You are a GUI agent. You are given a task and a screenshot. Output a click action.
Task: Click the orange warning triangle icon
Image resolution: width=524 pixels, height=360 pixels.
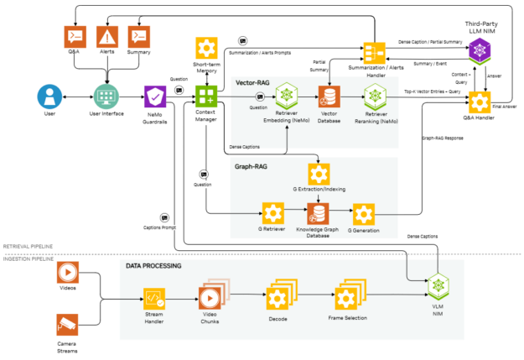(x=106, y=36)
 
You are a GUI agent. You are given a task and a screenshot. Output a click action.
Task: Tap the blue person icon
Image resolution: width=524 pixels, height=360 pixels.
(x=49, y=97)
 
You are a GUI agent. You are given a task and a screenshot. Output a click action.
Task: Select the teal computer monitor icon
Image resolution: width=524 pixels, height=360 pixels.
(x=106, y=97)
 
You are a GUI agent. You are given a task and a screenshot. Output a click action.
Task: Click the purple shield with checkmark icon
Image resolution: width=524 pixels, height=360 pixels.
(x=155, y=97)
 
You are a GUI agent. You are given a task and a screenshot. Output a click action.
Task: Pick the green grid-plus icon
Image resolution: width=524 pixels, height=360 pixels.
(x=206, y=96)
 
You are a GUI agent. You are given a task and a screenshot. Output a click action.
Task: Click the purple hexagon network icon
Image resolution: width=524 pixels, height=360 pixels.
(x=479, y=50)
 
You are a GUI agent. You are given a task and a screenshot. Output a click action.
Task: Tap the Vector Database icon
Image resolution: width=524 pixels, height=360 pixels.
(x=329, y=97)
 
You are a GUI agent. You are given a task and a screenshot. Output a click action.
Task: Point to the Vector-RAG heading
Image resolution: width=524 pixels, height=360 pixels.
(x=252, y=82)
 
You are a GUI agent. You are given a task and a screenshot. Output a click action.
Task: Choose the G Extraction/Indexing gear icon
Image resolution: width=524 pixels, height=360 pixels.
(x=318, y=174)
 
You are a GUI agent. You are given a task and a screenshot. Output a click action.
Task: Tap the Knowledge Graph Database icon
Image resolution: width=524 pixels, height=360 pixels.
(x=318, y=213)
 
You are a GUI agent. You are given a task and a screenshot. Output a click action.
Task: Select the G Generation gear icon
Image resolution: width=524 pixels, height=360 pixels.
(x=363, y=214)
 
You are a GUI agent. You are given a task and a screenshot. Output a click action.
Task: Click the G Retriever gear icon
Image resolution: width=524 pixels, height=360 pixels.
(x=272, y=213)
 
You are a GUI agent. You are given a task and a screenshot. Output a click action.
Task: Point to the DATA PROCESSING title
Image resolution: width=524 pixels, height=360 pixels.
(x=153, y=266)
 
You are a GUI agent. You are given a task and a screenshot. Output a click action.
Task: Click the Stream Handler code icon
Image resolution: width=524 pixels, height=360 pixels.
(x=154, y=298)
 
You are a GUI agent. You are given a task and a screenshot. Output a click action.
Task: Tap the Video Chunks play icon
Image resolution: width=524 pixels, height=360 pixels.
(x=209, y=298)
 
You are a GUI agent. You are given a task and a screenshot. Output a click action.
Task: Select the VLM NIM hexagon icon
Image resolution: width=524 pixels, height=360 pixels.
(x=438, y=287)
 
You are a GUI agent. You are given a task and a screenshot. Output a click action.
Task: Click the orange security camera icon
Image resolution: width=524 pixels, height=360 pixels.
(x=67, y=324)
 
